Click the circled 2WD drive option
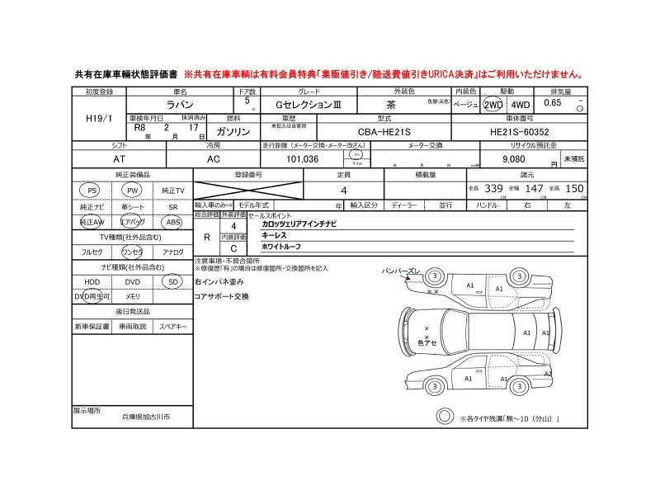[x=493, y=105]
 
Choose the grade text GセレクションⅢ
[x=304, y=105]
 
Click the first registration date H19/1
[x=98, y=119]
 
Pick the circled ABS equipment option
[x=172, y=222]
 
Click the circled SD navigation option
[x=172, y=280]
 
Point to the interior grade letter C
[x=233, y=247]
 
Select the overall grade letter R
[x=205, y=236]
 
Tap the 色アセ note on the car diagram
[x=427, y=342]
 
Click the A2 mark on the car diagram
[x=547, y=373]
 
